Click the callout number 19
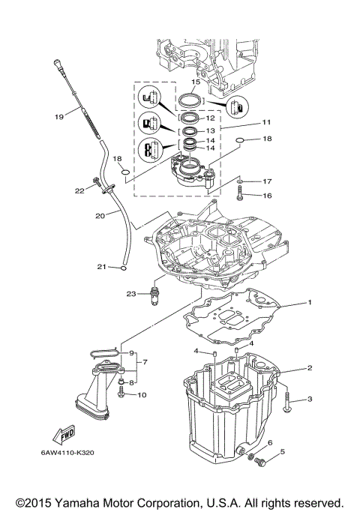point(58,116)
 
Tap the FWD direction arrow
point(61,433)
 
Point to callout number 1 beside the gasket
point(307,303)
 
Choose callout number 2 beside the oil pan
point(308,368)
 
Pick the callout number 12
point(210,118)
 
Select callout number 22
point(80,190)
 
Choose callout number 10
point(142,395)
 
